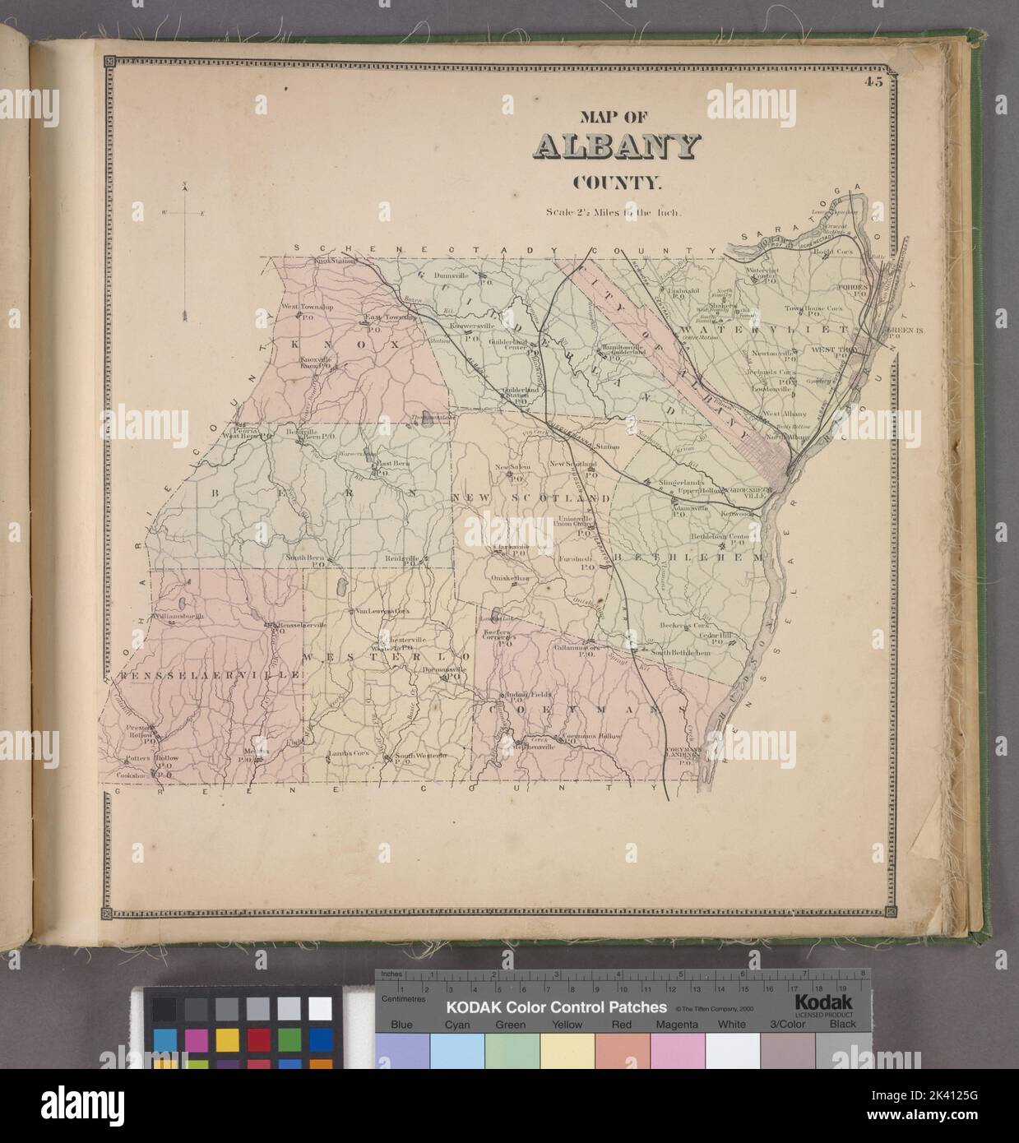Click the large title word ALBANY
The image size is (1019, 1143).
pyautogui.click(x=617, y=146)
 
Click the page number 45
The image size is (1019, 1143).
pyautogui.click(x=873, y=80)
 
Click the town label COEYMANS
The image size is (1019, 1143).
pyautogui.click(x=584, y=709)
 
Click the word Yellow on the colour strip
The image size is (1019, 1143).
pyautogui.click(x=567, y=1025)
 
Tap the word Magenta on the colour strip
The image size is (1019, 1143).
pyautogui.click(x=678, y=1025)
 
